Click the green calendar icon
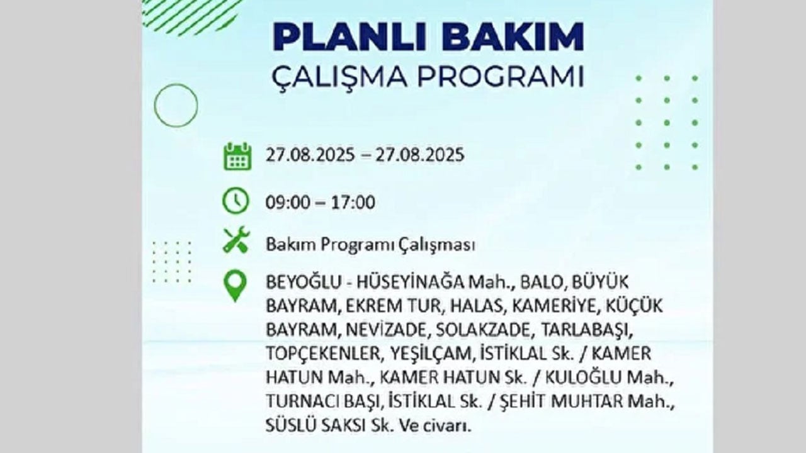(x=237, y=156)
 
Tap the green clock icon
(x=236, y=201)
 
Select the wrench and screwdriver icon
(x=236, y=240)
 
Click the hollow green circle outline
(x=176, y=106)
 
